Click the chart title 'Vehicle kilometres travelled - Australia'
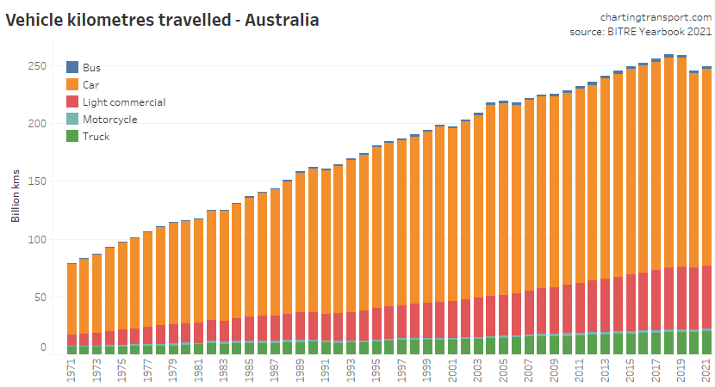tap(163, 19)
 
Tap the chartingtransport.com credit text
tap(656, 17)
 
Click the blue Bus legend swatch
tap(72, 67)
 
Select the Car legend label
tap(91, 84)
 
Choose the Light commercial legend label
tap(124, 101)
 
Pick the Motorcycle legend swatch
tap(72, 119)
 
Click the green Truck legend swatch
tap(72, 136)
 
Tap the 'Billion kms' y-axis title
tap(16, 197)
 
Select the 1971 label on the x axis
tap(71, 370)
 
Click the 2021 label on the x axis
tap(706, 370)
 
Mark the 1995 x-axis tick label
tap(376, 370)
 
